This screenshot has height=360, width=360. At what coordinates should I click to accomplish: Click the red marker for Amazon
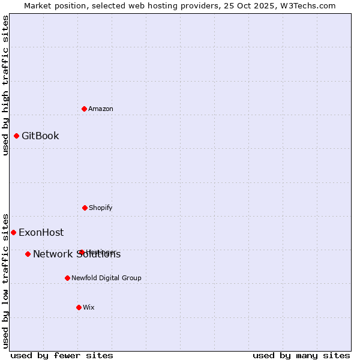(x=85, y=109)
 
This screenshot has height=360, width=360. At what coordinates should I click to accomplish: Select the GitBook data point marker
(x=16, y=136)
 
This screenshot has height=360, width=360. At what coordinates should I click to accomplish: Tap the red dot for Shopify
(x=85, y=208)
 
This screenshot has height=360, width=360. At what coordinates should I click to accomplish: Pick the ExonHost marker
(x=13, y=232)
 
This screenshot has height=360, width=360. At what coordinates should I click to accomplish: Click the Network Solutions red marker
(x=28, y=254)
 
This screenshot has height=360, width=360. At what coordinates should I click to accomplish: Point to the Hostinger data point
(x=81, y=252)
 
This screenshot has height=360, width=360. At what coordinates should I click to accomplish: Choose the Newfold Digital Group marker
(x=67, y=278)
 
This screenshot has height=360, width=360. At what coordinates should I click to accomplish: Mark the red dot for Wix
(x=79, y=307)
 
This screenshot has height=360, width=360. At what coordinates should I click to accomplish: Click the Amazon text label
(x=101, y=109)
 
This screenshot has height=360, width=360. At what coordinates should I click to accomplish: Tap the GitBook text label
(x=40, y=136)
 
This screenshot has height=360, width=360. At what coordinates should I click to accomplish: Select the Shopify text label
(x=101, y=208)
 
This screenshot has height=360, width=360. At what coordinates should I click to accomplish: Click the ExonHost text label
(x=41, y=232)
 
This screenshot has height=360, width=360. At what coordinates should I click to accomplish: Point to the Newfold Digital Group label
(x=106, y=278)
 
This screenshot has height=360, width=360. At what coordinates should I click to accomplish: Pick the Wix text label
(x=89, y=307)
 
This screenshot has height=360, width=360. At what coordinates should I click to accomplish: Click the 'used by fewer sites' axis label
(x=62, y=355)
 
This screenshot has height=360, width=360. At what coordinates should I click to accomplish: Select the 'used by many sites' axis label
(x=301, y=355)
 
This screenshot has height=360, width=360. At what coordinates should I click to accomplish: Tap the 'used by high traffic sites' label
(x=5, y=85)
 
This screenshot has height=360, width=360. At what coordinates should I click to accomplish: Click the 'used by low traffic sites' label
(x=5, y=281)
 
